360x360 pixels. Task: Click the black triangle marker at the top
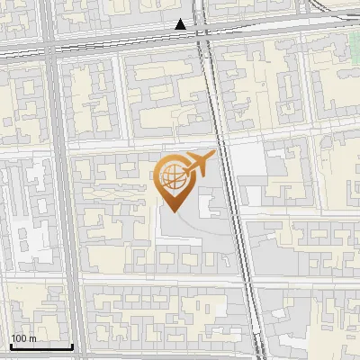pyautogui.click(x=182, y=24)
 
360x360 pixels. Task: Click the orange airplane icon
pyautogui.click(x=199, y=163)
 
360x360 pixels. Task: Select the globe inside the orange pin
pyautogui.click(x=171, y=177)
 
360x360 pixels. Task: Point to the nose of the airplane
pyautogui.click(x=214, y=154)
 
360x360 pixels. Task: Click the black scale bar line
pyautogui.click(x=41, y=346)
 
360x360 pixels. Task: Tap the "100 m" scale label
pyautogui.click(x=24, y=338)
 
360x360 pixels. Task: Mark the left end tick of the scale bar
pyautogui.click(x=11, y=345)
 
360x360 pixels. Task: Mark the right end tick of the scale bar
pyautogui.click(x=72, y=345)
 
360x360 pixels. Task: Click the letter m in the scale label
pyautogui.click(x=32, y=338)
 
